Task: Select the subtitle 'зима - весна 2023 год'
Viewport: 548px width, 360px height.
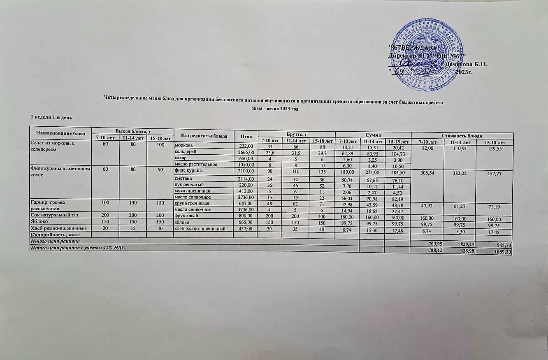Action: click(x=274, y=109)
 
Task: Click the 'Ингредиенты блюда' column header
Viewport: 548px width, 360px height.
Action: click(x=203, y=135)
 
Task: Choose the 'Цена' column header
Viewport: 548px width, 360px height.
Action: click(x=245, y=136)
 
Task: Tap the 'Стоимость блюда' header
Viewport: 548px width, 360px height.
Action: click(x=462, y=135)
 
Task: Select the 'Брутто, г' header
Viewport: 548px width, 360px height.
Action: click(x=296, y=135)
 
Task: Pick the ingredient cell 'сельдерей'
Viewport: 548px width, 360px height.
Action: click(x=184, y=152)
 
